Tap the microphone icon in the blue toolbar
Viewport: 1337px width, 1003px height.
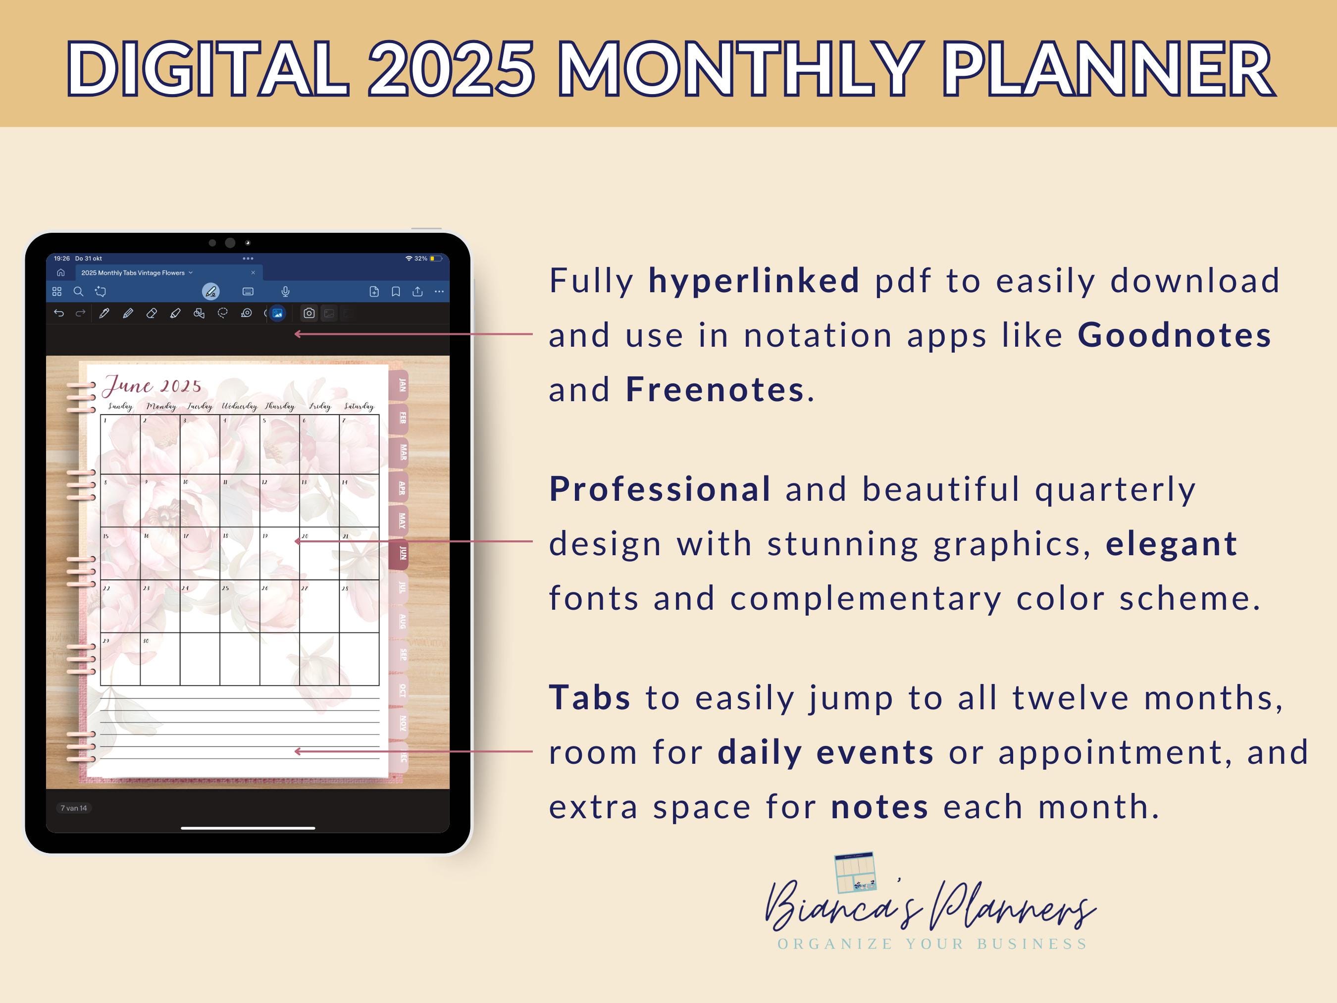click(285, 291)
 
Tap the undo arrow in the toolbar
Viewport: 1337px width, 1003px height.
click(58, 313)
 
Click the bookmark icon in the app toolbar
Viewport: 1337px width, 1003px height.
click(396, 291)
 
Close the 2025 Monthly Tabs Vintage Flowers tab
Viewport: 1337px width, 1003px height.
click(253, 272)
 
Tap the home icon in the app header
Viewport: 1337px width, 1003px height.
click(60, 272)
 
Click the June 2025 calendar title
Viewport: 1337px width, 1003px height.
click(153, 385)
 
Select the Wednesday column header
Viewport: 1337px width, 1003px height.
click(239, 406)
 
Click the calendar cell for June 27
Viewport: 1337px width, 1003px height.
click(319, 606)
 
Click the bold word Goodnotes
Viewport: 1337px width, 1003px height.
click(1175, 335)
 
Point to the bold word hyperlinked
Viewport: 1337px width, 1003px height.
click(754, 280)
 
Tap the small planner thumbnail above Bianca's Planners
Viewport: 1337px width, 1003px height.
click(855, 872)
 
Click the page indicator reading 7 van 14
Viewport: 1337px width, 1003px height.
click(74, 808)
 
